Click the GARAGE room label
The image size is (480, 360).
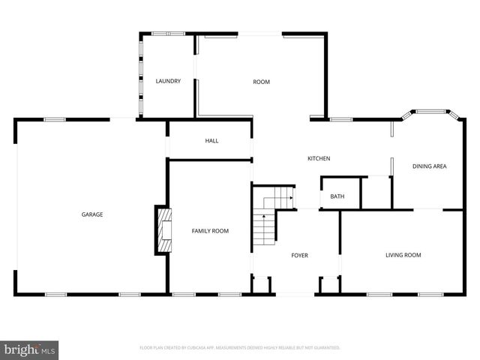92,214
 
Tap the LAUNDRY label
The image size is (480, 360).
168,81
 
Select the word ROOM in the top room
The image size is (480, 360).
261,82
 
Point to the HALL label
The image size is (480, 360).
211,140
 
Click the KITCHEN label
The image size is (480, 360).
319,158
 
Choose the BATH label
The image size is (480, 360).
337,196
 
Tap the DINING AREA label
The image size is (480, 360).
430,166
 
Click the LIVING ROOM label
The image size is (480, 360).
403,255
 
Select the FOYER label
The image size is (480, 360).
300,256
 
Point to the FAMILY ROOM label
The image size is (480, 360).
210,231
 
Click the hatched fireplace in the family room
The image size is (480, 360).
163,232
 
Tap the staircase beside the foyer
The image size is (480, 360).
265,225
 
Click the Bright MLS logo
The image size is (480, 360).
30,349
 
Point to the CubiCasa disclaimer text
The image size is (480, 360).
240,348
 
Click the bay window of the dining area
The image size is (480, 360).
430,114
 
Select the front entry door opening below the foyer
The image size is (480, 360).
293,293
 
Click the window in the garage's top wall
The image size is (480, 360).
54,118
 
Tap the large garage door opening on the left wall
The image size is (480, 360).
16,206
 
